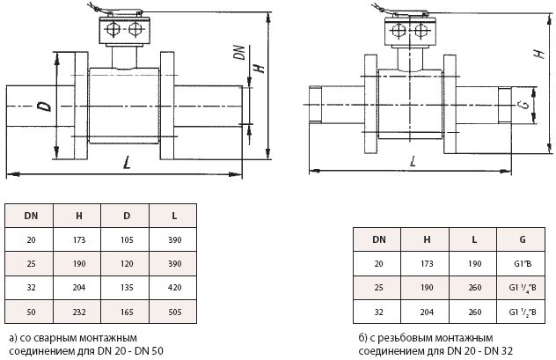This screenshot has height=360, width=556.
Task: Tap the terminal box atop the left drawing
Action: tap(123, 30)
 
